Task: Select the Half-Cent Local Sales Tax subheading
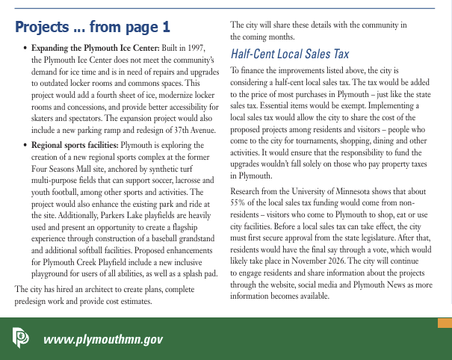click(x=289, y=55)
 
